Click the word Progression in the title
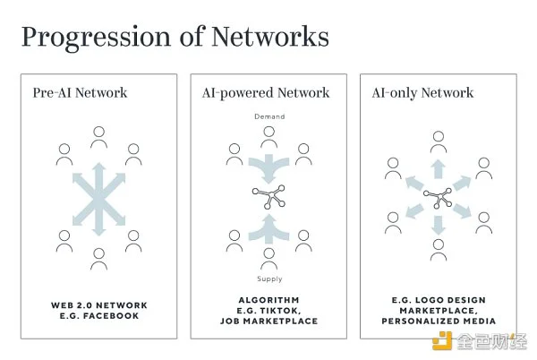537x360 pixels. click(x=96, y=38)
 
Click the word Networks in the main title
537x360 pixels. click(x=270, y=37)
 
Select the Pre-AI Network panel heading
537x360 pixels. click(x=80, y=93)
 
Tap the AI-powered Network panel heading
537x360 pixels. click(x=266, y=93)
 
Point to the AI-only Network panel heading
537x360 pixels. click(x=422, y=93)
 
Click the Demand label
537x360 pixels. click(x=269, y=116)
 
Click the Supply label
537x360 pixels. click(x=269, y=279)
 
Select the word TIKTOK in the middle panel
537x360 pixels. click(x=278, y=311)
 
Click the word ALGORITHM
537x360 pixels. click(x=268, y=300)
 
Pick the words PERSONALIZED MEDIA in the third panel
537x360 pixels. click(x=439, y=321)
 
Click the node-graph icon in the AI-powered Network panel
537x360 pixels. click(x=268, y=197)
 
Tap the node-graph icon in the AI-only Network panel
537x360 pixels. click(x=438, y=198)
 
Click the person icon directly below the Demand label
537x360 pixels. click(x=268, y=137)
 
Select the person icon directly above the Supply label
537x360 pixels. click(x=268, y=259)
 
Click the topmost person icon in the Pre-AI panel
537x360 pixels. click(x=98, y=137)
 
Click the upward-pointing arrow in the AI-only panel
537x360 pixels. click(x=438, y=169)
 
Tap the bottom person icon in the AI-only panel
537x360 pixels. click(x=439, y=250)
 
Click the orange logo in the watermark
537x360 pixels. click(x=442, y=341)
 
